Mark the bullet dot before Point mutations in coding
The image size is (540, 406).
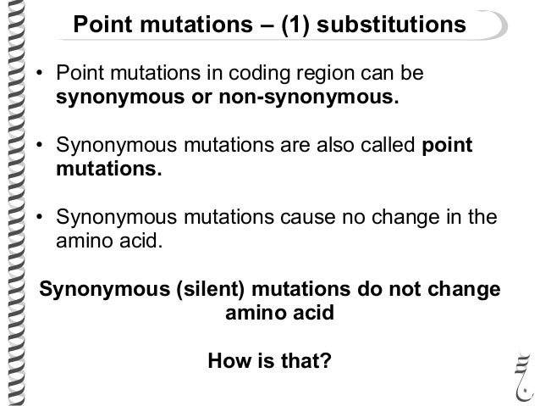click(39, 78)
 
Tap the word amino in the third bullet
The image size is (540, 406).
click(82, 241)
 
